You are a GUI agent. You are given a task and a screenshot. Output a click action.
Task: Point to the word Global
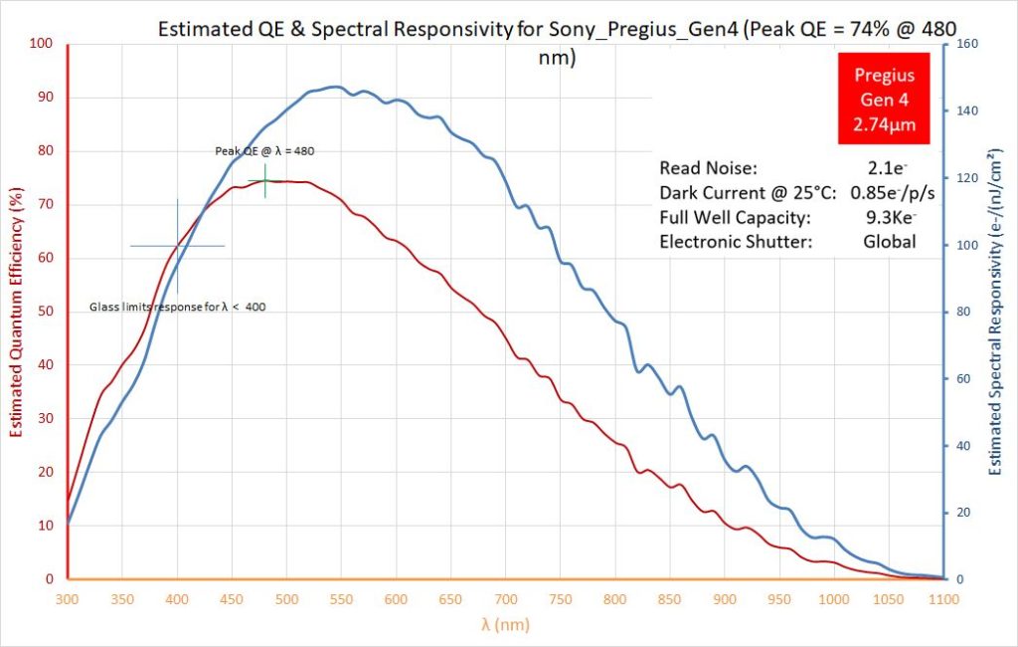click(889, 241)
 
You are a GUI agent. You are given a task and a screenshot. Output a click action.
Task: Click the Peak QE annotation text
click(265, 151)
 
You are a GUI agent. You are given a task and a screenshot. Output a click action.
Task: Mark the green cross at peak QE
click(265, 181)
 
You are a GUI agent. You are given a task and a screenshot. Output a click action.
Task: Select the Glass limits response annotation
click(177, 307)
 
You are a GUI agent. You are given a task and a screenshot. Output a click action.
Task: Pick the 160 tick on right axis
click(963, 44)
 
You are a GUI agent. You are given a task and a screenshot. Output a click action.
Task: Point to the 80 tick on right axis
click(960, 312)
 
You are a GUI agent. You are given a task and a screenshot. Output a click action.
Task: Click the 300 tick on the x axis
click(68, 600)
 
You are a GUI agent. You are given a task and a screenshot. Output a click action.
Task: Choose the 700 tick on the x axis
click(505, 600)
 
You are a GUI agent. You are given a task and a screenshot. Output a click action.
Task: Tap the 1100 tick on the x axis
click(942, 600)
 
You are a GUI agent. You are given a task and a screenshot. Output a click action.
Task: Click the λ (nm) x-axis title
click(505, 624)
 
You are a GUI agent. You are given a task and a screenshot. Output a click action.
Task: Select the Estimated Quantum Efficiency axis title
click(17, 311)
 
